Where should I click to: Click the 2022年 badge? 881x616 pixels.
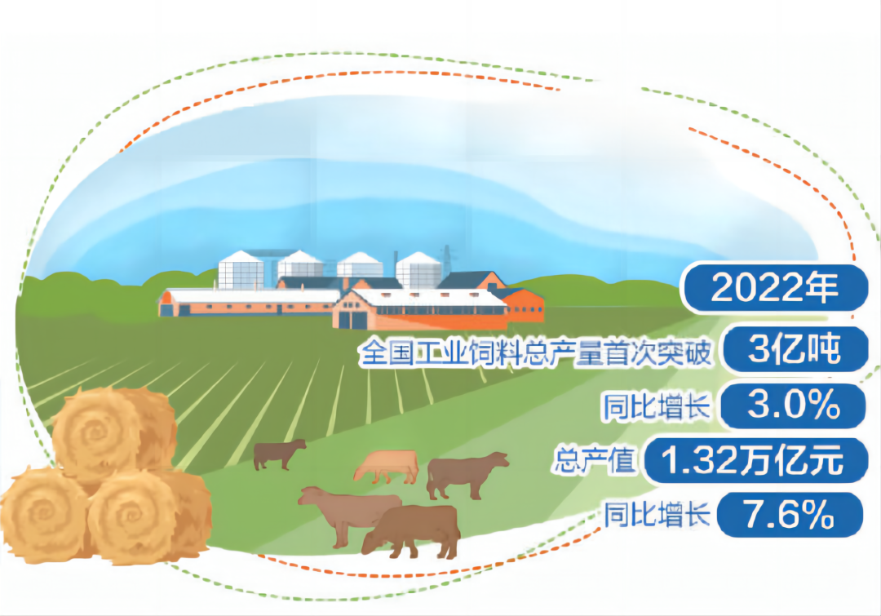coord(776,288)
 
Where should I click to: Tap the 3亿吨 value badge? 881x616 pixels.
coord(795,349)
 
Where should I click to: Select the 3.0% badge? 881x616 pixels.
coord(793,405)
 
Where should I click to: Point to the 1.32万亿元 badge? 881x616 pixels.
coord(753,460)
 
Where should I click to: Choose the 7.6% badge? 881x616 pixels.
coord(790,514)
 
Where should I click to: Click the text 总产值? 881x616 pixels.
coord(595,460)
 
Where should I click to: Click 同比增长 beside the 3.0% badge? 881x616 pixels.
coord(656,405)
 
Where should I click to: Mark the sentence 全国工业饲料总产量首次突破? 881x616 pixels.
coord(535,352)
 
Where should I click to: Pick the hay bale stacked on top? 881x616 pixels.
coord(114,433)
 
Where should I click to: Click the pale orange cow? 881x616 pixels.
coord(387,466)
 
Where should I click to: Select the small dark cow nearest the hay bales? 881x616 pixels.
coord(279,454)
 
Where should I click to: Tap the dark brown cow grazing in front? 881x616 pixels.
coord(411,531)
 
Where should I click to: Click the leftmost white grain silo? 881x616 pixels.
coord(241,270)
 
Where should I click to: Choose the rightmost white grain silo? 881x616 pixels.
coord(418,270)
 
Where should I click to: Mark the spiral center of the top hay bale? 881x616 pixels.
coord(95,432)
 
